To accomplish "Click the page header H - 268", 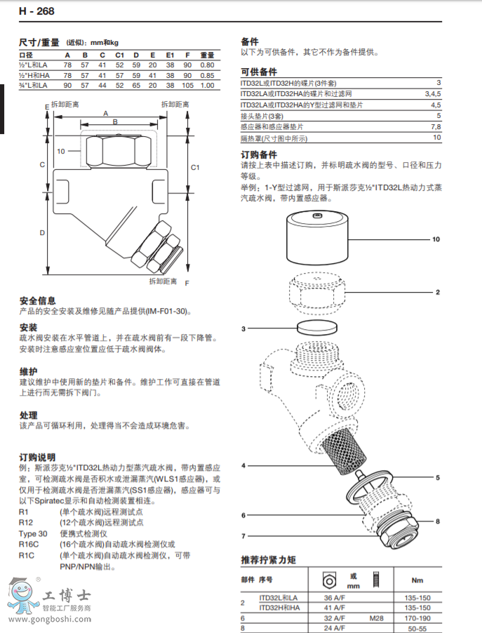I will pyautogui.click(x=36, y=11).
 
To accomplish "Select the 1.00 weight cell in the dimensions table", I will pyautogui.click(x=207, y=85).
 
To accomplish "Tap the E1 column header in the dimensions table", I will pyautogui.click(x=170, y=55).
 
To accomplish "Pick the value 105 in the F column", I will pyautogui.click(x=187, y=85).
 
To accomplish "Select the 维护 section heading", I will pyautogui.click(x=28, y=371).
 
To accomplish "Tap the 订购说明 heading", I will pyautogui.click(x=38, y=457).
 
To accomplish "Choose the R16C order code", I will pyautogui.click(x=28, y=544).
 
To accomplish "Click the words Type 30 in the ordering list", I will pyautogui.click(x=33, y=533).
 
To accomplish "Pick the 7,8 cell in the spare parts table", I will pyautogui.click(x=435, y=126).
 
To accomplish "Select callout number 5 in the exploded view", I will pyautogui.click(x=436, y=478).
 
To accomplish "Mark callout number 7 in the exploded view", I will pyautogui.click(x=243, y=536).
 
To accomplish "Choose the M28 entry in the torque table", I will pyautogui.click(x=376, y=619).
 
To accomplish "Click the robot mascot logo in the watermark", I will pyautogui.click(x=20, y=595).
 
